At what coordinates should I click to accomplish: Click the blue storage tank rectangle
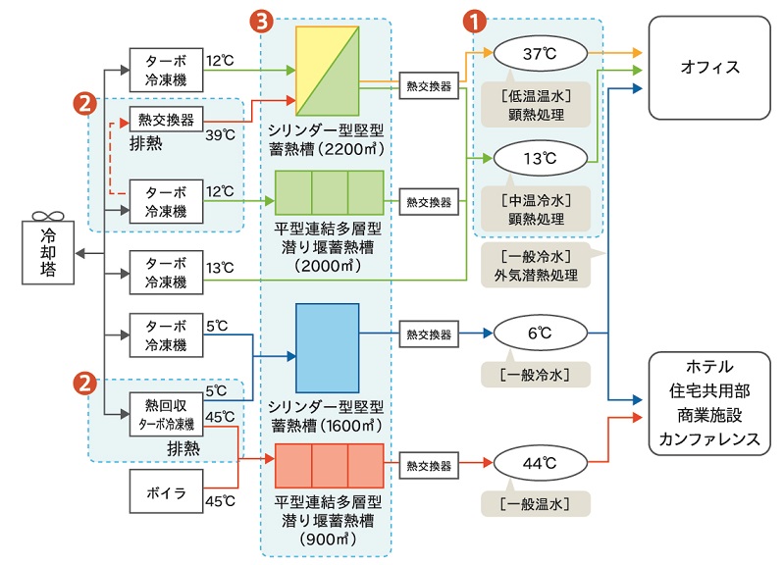point(328,348)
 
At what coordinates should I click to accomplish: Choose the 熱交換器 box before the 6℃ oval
point(429,334)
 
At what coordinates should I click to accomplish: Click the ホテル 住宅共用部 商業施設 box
point(708,402)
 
